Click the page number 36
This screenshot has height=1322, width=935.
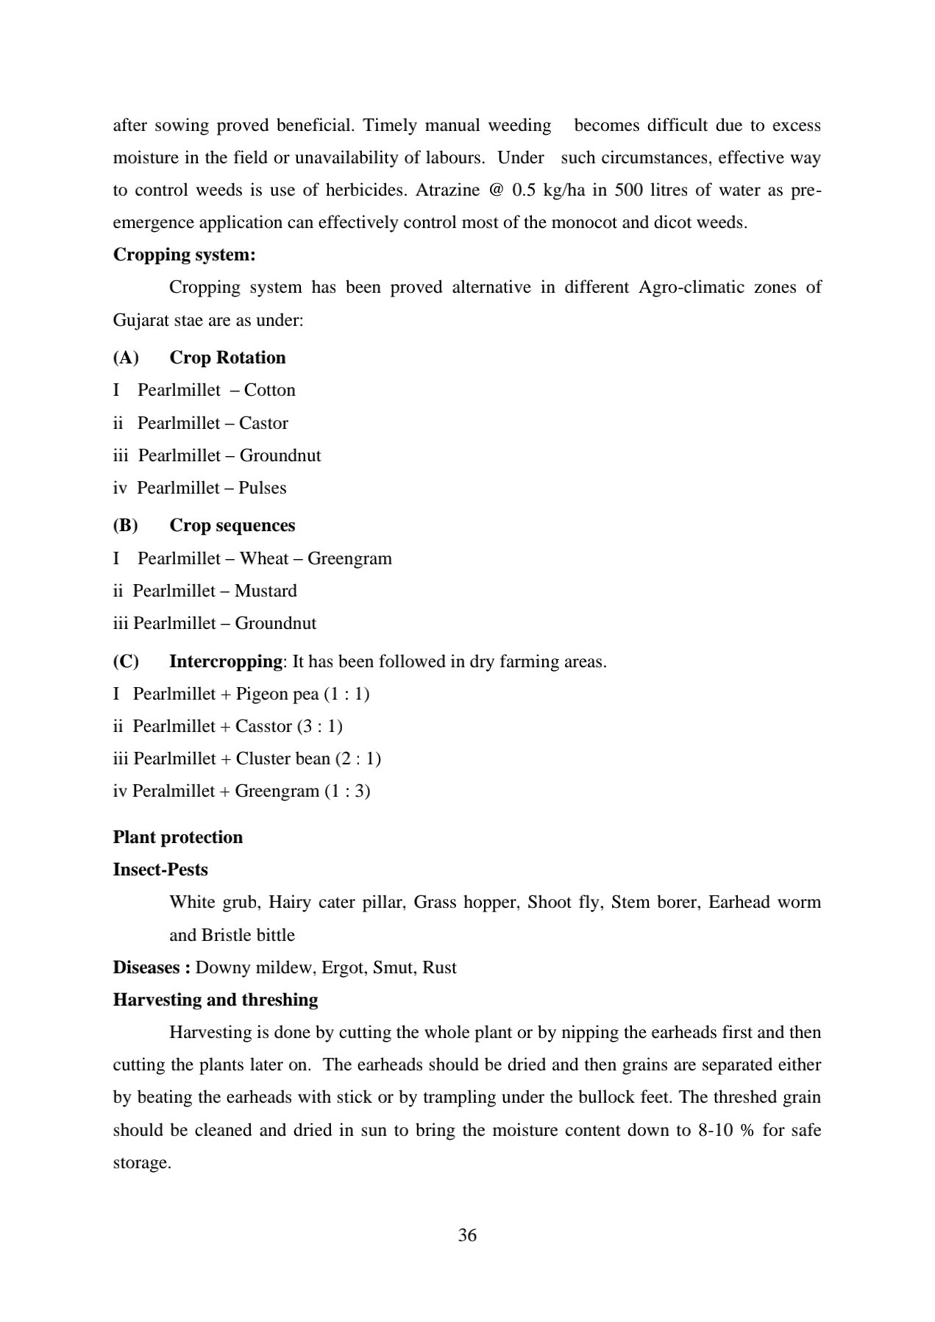tap(467, 1235)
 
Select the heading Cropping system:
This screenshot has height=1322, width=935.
tap(184, 255)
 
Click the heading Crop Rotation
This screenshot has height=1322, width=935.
tap(227, 358)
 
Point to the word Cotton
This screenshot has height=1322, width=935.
tap(269, 390)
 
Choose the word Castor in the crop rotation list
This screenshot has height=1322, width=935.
tap(263, 423)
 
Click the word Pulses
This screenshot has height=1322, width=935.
tap(263, 488)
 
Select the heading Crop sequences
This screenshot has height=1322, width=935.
tap(232, 525)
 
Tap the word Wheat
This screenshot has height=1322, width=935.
tap(264, 558)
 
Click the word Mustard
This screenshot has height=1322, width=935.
tap(266, 591)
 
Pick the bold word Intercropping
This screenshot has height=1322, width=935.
tap(225, 661)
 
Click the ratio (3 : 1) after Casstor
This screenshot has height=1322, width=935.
tap(319, 726)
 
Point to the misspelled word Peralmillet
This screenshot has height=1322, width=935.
tap(174, 791)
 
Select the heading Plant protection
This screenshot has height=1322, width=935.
tap(177, 837)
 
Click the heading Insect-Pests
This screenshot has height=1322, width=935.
tap(160, 870)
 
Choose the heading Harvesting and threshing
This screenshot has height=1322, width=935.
tap(215, 1000)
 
